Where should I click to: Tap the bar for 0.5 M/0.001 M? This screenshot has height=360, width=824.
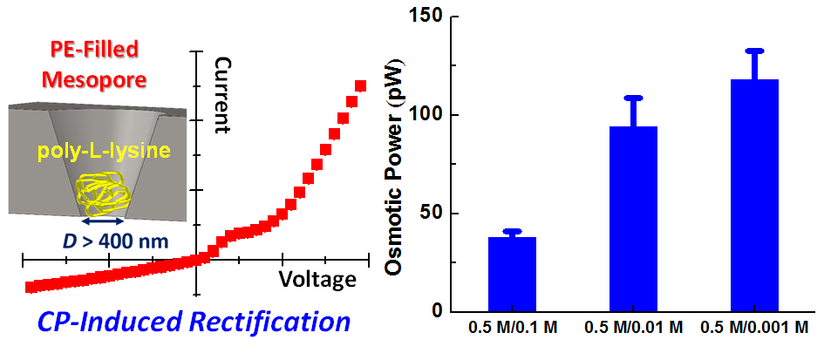tap(754, 195)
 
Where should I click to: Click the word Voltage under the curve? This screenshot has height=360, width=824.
tap(317, 279)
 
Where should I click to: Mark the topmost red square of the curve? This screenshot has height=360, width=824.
tap(361, 85)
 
